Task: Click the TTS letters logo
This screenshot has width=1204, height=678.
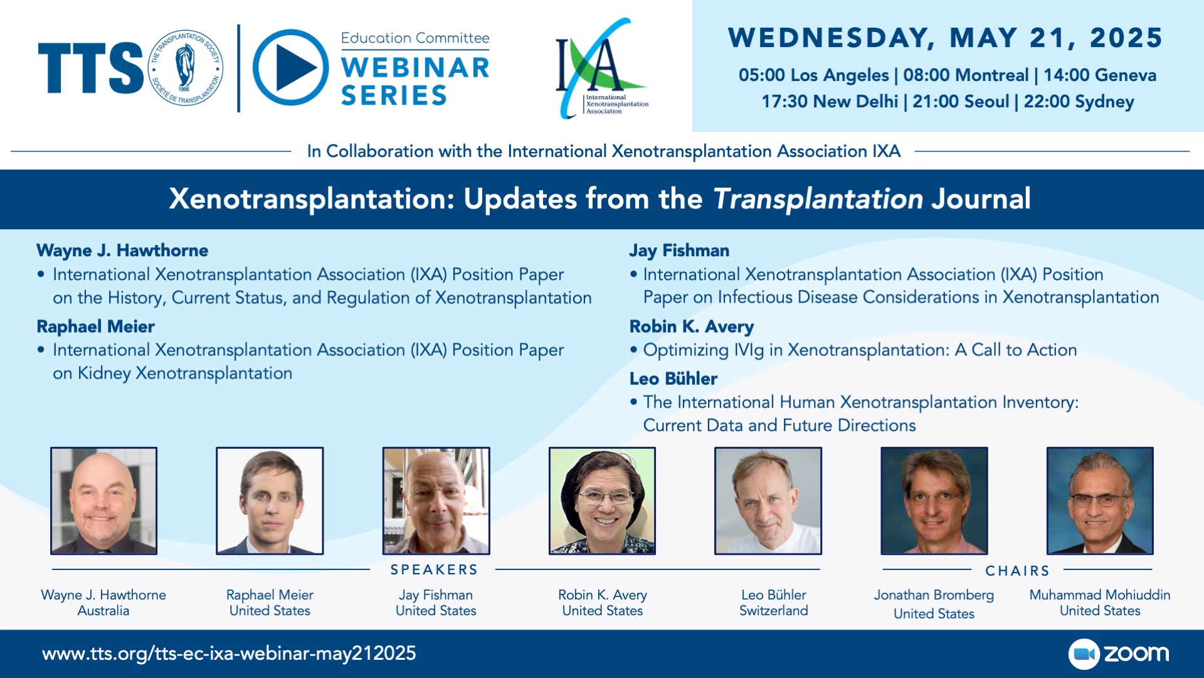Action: tap(91, 68)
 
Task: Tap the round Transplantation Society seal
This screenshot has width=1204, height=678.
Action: tap(185, 68)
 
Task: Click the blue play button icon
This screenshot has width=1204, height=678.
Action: tap(290, 68)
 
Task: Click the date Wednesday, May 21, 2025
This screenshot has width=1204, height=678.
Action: tap(945, 38)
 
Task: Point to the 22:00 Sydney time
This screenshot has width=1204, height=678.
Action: tap(1079, 101)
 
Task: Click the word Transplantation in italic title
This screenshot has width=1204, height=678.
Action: tap(818, 199)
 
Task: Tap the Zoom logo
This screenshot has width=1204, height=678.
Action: tap(1119, 654)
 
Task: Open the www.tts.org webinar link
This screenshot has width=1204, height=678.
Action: tap(229, 654)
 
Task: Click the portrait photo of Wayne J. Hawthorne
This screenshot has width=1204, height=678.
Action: tap(103, 501)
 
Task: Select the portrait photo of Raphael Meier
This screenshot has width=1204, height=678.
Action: tap(270, 501)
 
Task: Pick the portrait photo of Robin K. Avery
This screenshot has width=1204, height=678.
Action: tap(602, 501)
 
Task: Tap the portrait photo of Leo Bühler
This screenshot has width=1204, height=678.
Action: tap(768, 501)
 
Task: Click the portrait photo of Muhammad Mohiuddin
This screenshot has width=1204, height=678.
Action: tap(1100, 501)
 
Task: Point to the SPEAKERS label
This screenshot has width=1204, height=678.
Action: tap(434, 570)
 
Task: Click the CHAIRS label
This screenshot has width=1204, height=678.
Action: tap(1017, 571)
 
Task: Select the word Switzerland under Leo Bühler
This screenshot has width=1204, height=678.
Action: tap(774, 611)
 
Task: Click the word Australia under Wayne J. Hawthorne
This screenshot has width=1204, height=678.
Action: tap(103, 611)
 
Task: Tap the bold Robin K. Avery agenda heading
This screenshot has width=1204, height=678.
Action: tap(692, 327)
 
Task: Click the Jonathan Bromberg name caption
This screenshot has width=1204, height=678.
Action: tap(934, 595)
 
